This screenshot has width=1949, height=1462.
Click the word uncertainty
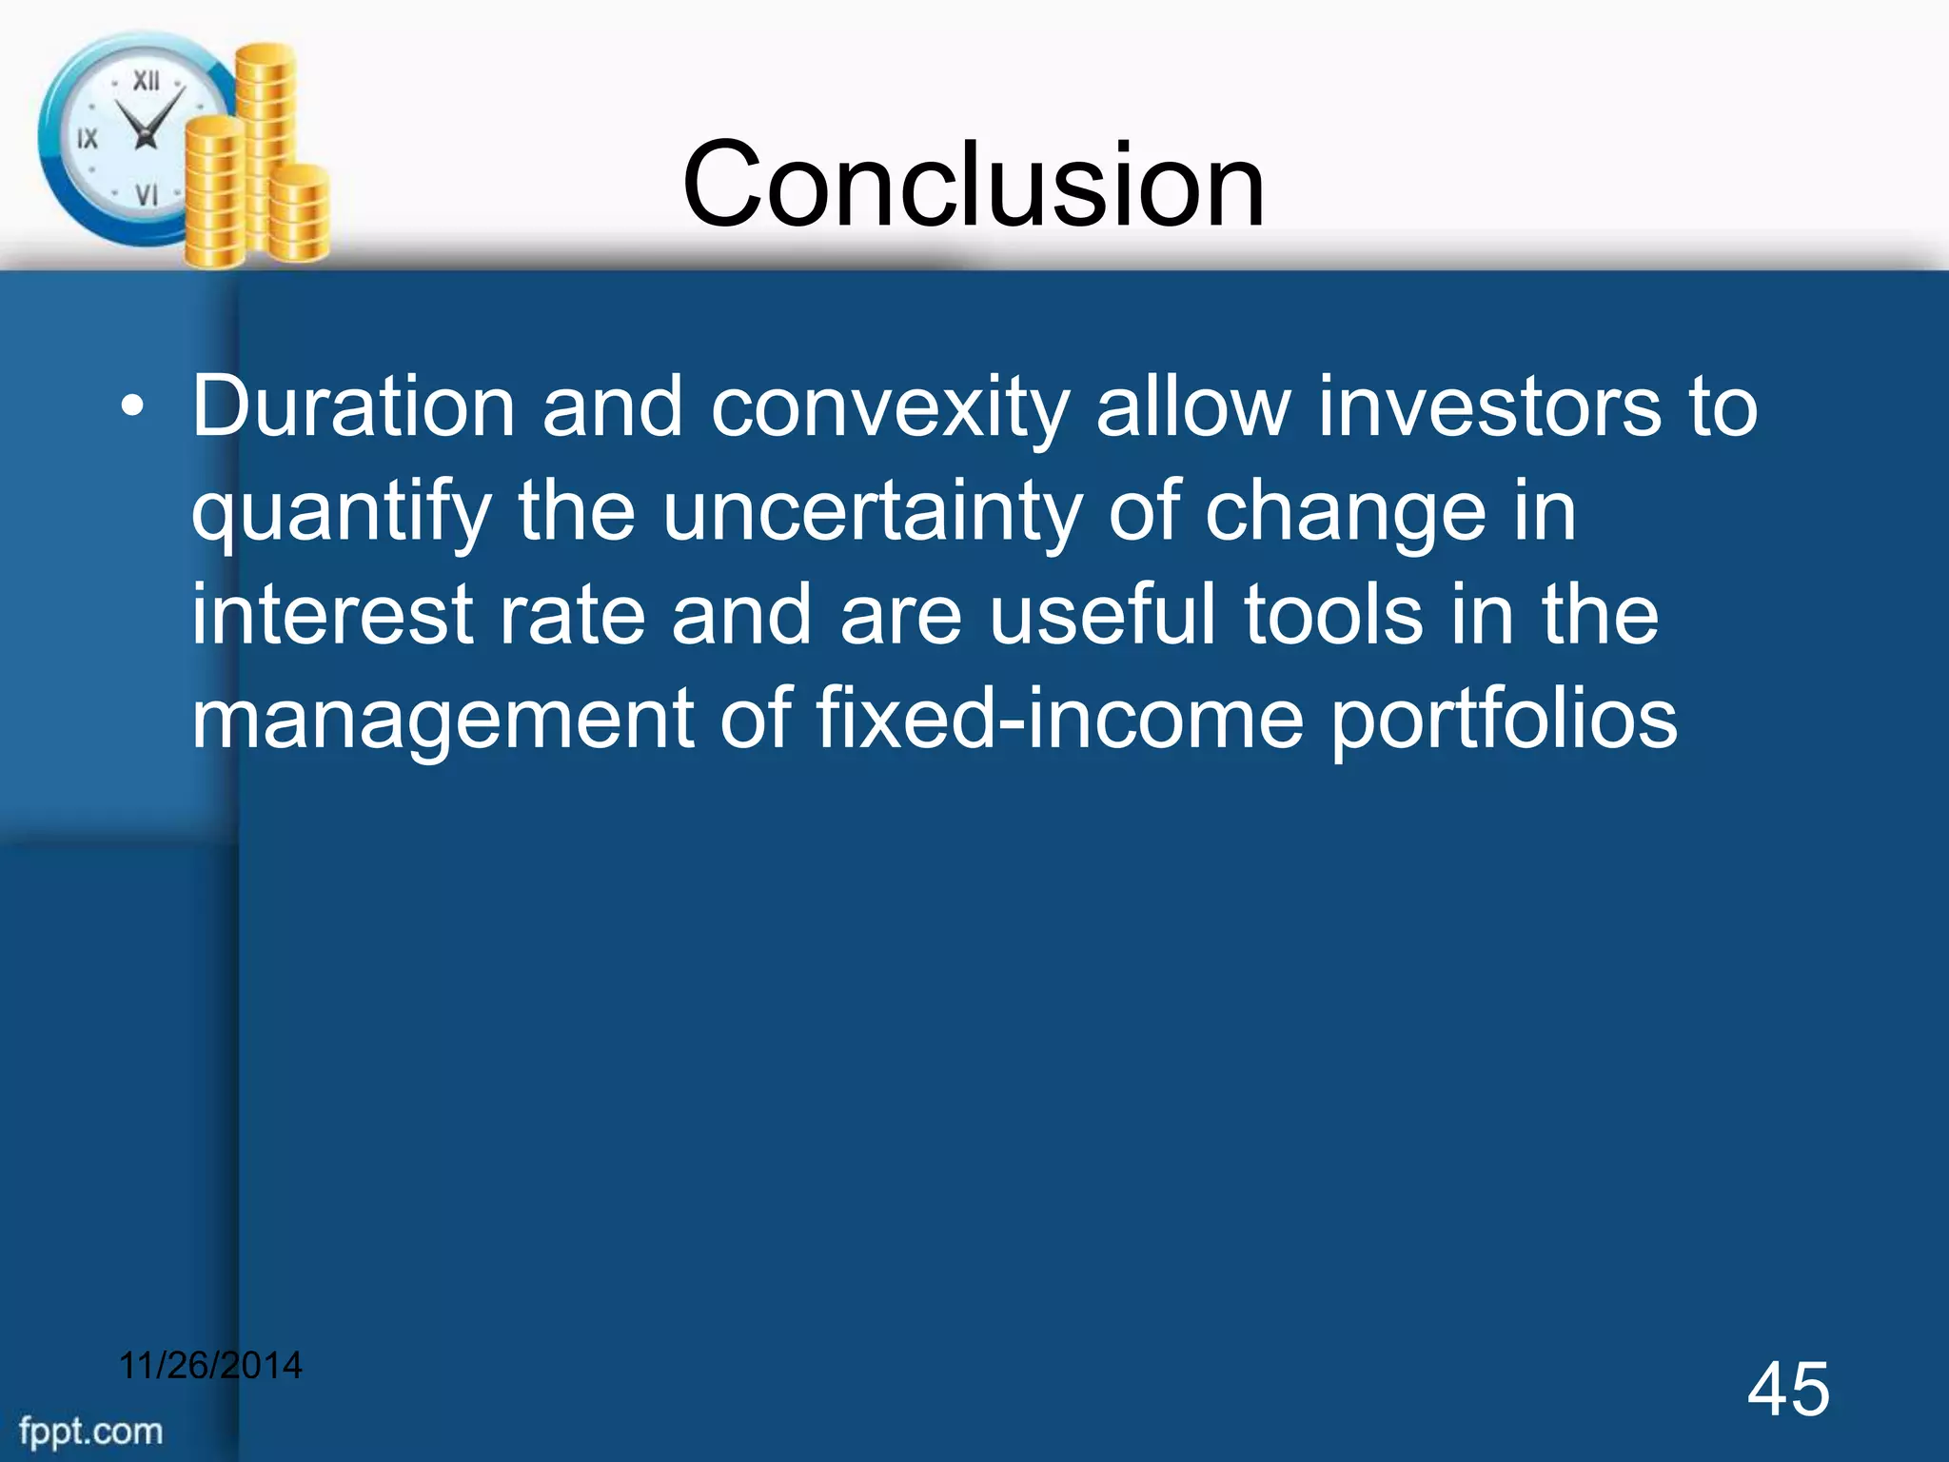pos(872,512)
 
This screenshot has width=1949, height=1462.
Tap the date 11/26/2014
pos(210,1366)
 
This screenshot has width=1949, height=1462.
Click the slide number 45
pos(1787,1389)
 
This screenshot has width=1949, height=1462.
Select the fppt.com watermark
pos(91,1431)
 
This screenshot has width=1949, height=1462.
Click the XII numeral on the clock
pos(146,81)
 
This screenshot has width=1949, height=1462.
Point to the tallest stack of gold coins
pos(265,133)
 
